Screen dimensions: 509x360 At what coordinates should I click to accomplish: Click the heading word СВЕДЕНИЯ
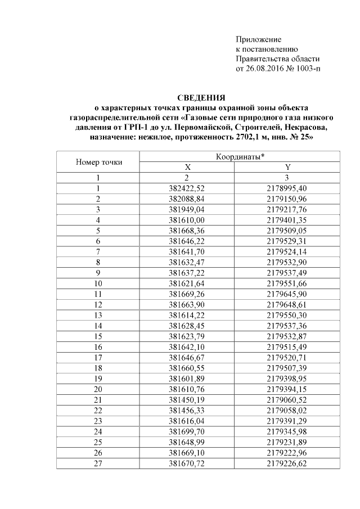(x=201, y=97)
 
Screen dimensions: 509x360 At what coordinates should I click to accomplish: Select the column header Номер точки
(x=98, y=163)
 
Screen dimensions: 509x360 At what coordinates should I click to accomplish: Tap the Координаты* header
(x=241, y=157)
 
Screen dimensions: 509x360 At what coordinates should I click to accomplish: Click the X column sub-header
(x=188, y=168)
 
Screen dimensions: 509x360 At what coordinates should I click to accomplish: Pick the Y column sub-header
(x=287, y=168)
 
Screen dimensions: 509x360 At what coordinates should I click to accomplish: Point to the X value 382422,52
(x=188, y=188)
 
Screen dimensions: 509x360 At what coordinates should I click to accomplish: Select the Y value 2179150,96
(x=287, y=199)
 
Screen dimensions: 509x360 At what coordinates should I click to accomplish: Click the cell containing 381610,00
(x=188, y=219)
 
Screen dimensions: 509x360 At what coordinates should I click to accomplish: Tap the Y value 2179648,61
(x=287, y=304)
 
